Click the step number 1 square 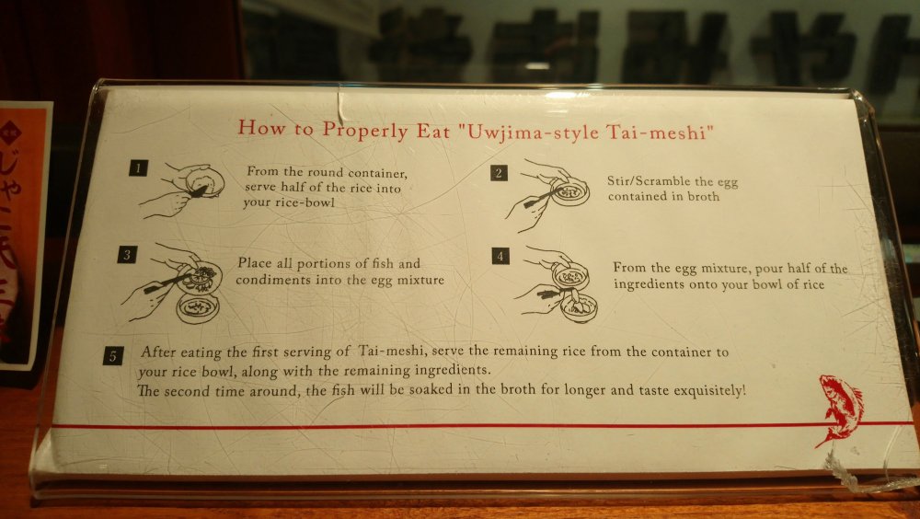coord(139,168)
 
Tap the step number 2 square coord(499,173)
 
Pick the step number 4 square coord(500,256)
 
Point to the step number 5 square coord(113,356)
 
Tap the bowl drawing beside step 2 coord(569,192)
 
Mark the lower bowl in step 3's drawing coord(198,308)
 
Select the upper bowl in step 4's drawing coord(571,276)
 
